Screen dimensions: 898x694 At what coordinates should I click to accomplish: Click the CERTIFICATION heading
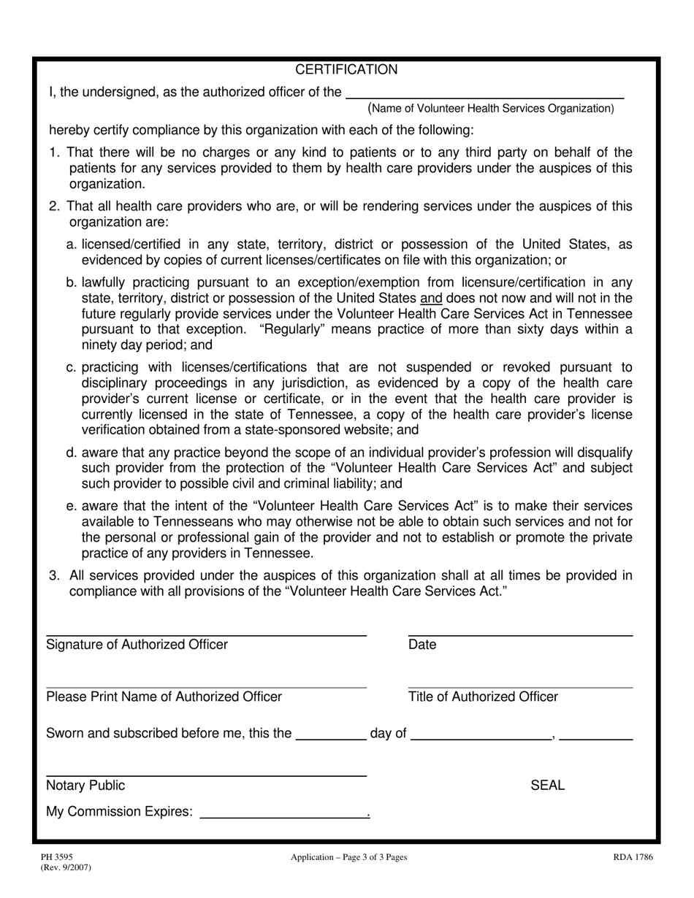(346, 70)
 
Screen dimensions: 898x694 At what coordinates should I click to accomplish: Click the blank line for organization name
(484, 93)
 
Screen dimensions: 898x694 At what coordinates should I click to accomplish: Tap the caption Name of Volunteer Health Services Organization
(491, 109)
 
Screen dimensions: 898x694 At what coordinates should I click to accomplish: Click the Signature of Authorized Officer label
(137, 645)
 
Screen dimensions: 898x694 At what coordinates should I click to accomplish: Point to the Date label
(422, 645)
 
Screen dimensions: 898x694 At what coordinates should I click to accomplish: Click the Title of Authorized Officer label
(483, 696)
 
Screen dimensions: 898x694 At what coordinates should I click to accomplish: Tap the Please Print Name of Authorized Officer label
(164, 696)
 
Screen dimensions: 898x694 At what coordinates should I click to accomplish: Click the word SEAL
(547, 786)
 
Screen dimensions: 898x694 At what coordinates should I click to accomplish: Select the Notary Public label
(85, 786)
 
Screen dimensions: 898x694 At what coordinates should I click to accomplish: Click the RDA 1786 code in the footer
(633, 857)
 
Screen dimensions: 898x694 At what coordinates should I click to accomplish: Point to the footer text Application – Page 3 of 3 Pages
(348, 857)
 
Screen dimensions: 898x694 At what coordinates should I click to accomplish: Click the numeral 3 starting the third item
(53, 575)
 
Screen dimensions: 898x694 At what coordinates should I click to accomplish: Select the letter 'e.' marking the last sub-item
(72, 506)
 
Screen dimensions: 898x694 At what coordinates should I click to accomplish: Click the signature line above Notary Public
(206, 775)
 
